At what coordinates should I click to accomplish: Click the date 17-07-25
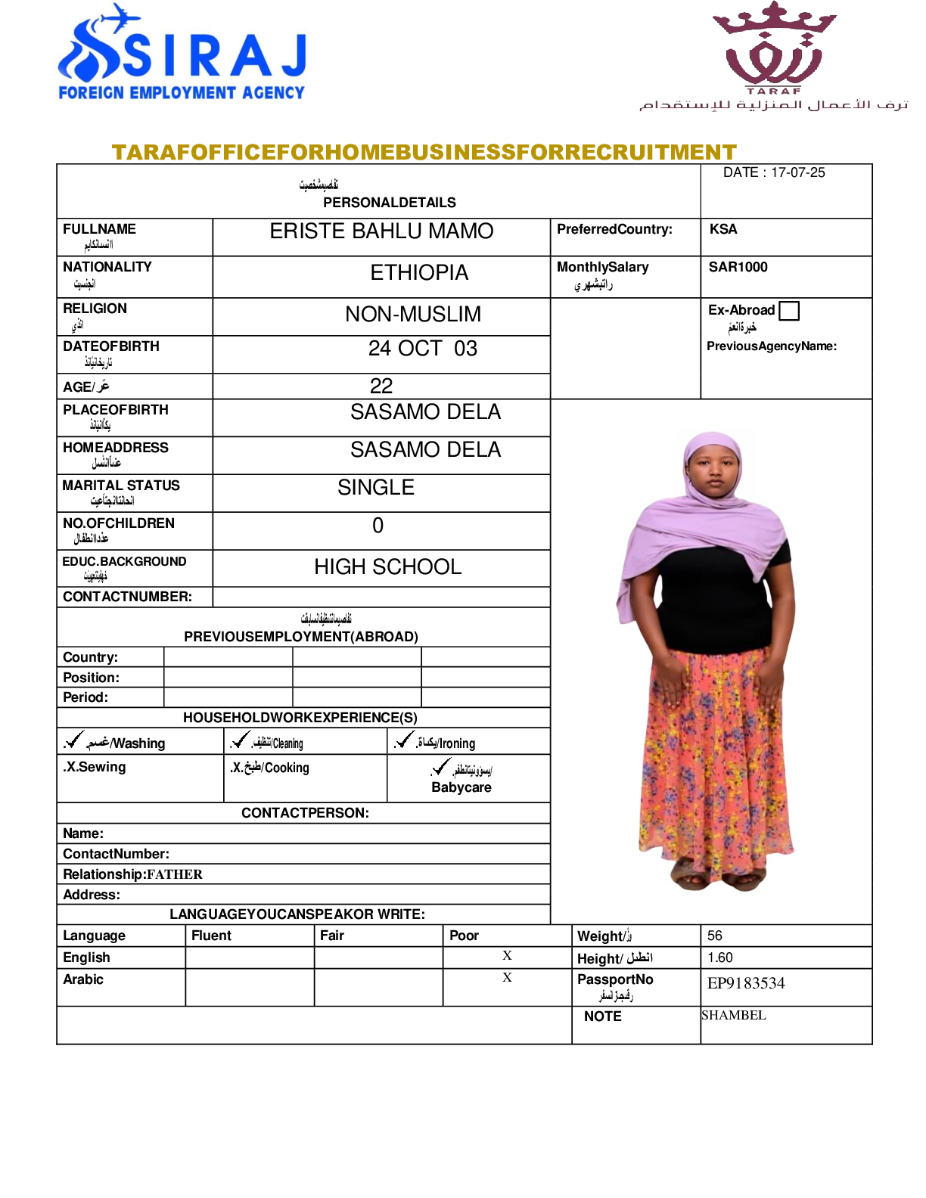[797, 172]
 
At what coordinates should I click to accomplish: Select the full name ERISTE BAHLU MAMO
[381, 231]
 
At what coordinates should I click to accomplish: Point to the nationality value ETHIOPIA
[419, 273]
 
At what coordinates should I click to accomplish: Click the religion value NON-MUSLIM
[413, 315]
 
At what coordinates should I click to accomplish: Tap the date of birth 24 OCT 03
[422, 349]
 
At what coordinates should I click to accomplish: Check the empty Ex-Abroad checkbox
[789, 311]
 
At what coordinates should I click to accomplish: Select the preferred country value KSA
[723, 229]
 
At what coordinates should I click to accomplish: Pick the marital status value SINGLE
[376, 488]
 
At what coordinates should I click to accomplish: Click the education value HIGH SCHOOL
[387, 567]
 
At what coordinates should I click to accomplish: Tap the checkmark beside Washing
[74, 740]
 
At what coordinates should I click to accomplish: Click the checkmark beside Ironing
[405, 740]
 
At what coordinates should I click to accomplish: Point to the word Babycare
[461, 787]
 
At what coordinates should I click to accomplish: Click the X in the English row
[507, 956]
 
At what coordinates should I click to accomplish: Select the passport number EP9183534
[746, 983]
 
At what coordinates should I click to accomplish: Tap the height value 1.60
[720, 957]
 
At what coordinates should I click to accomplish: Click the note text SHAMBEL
[734, 1015]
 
